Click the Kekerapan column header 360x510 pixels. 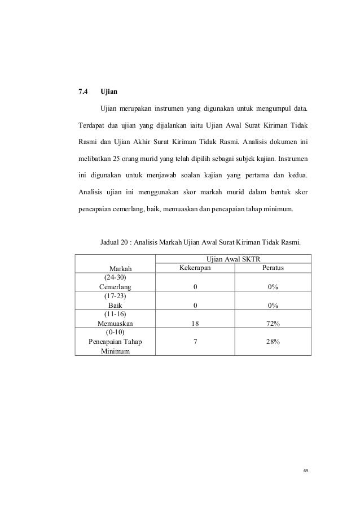[x=195, y=267]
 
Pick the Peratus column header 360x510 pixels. [x=273, y=267]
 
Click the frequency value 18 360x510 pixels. [x=195, y=324]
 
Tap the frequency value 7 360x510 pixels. [x=195, y=342]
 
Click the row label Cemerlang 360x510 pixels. [x=115, y=287]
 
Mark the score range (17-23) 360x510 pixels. [x=115, y=296]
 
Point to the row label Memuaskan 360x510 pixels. [x=115, y=324]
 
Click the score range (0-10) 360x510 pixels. [x=115, y=333]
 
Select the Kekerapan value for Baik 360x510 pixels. [x=195, y=305]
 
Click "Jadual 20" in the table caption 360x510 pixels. [x=116, y=243]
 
